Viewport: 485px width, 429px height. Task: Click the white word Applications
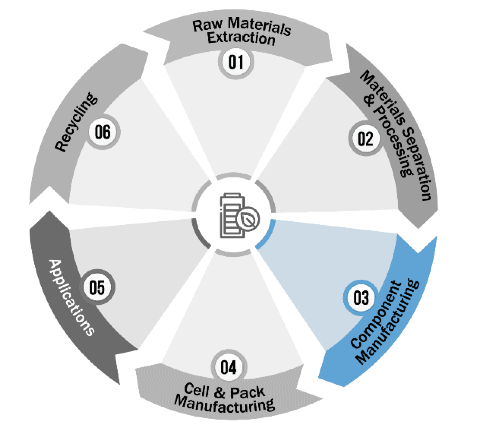[x=72, y=297]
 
